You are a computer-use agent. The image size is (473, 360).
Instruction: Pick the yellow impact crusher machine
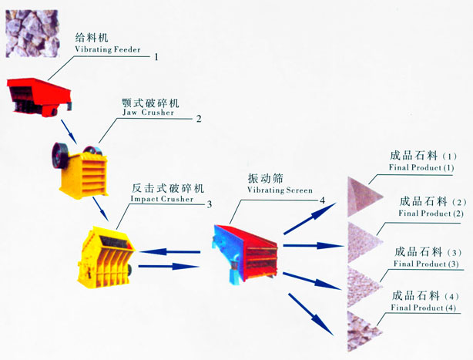click(105, 253)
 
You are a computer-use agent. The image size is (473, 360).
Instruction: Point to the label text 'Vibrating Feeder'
click(106, 49)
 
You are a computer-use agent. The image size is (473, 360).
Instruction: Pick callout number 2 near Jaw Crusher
click(198, 119)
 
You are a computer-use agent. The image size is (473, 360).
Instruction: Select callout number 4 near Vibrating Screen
click(323, 200)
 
